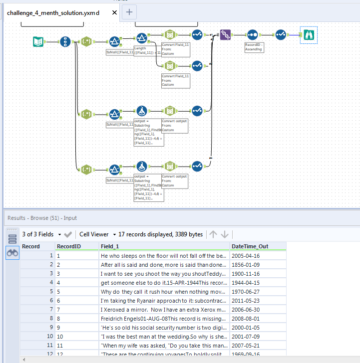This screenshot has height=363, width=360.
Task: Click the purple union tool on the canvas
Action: click(225, 35)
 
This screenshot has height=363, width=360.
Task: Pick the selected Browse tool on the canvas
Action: click(309, 35)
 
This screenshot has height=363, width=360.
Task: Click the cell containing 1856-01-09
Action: click(246, 265)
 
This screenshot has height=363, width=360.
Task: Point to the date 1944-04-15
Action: click(246, 283)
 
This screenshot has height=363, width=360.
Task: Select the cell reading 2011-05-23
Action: click(246, 301)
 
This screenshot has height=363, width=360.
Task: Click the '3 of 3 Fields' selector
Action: click(41, 234)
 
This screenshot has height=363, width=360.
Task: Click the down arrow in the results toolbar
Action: click(225, 234)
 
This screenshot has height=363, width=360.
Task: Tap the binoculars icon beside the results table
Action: click(12, 253)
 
